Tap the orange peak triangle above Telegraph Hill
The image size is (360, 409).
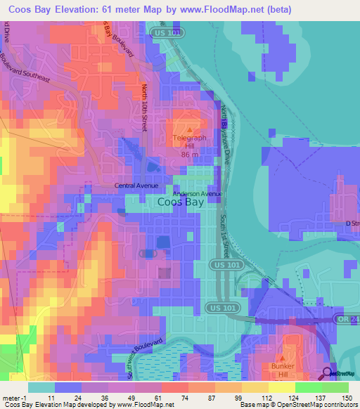click(188, 129)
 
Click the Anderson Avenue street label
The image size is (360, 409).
click(198, 194)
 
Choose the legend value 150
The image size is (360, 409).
click(345, 398)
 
